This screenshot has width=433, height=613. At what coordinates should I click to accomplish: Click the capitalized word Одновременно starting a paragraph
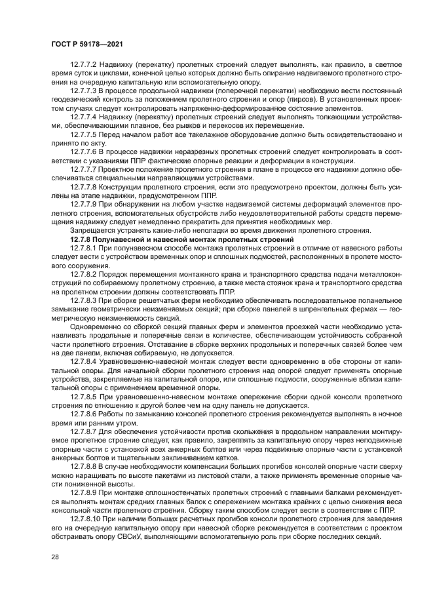click(x=94, y=325)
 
